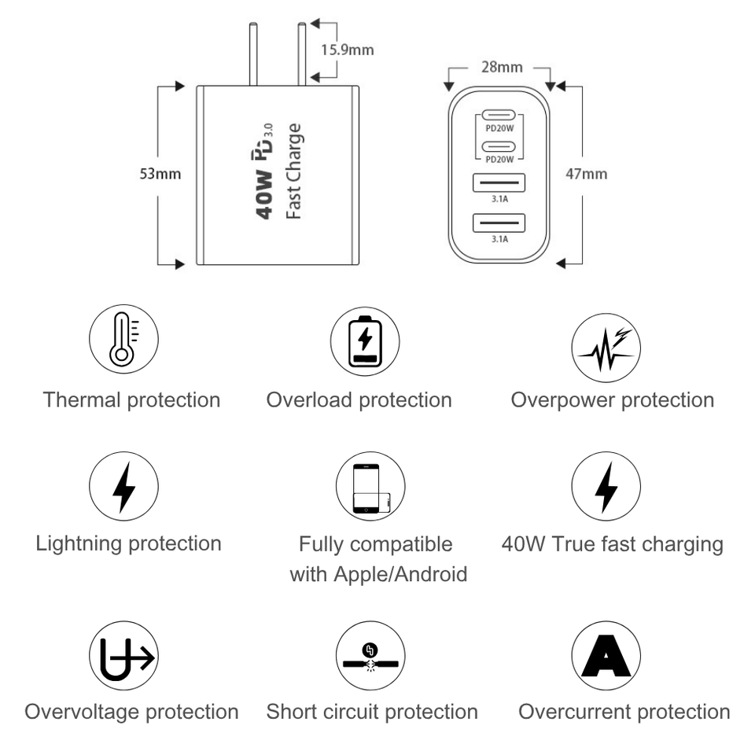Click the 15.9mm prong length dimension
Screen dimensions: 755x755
[x=347, y=50]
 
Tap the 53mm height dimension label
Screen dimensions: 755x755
[x=160, y=174]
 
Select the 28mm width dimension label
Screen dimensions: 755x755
[x=502, y=67]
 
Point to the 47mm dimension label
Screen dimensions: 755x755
[x=586, y=174]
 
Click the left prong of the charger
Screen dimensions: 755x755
[x=252, y=54]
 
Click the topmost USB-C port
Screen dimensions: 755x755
[x=499, y=116]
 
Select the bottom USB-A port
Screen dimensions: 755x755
[x=499, y=223]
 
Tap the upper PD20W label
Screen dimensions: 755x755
[x=499, y=128]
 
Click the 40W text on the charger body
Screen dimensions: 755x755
[x=264, y=194]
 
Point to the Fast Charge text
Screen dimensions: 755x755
[x=293, y=171]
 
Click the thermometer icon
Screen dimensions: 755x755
[x=123, y=340]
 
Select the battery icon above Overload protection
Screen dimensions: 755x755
[x=365, y=341]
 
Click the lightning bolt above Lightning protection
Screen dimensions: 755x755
[x=123, y=488]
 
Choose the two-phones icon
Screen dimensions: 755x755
[x=370, y=488]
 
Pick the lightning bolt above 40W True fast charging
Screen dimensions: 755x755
[x=606, y=488]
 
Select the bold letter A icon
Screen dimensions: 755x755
[x=606, y=656]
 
